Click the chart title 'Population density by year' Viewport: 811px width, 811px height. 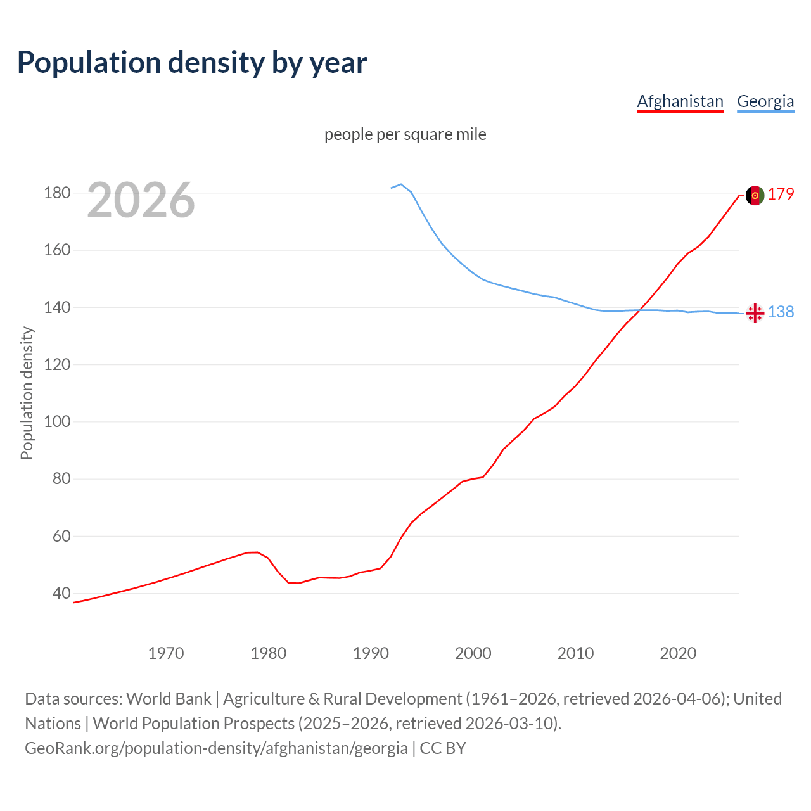[x=192, y=62]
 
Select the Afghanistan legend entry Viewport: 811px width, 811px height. [x=680, y=101]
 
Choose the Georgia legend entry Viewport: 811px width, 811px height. [x=765, y=101]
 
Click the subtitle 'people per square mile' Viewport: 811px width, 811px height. [x=405, y=134]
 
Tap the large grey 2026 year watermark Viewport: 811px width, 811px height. [x=141, y=200]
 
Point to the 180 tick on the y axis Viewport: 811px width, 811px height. [x=57, y=193]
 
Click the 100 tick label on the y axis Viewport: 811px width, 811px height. [x=57, y=422]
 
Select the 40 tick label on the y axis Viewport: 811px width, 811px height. [x=61, y=594]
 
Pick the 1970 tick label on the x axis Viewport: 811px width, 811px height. [x=166, y=653]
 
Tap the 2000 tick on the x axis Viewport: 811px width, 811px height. [x=473, y=653]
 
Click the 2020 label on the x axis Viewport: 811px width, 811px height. [x=678, y=653]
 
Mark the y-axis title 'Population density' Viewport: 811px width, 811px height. [x=27, y=393]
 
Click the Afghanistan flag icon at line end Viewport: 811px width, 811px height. [x=755, y=196]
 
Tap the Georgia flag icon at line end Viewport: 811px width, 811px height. [x=755, y=313]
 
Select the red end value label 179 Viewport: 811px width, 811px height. [x=781, y=195]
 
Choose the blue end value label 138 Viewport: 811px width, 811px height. [x=781, y=312]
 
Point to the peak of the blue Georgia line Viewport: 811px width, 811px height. [x=401, y=184]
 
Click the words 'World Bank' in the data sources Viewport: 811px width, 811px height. [x=169, y=699]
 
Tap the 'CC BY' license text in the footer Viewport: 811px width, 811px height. [x=443, y=748]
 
